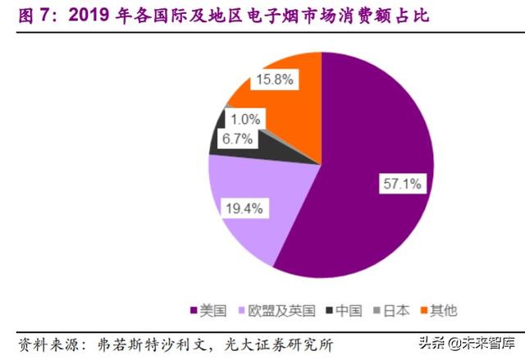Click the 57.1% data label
tap(399, 182)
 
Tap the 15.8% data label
tap(275, 80)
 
